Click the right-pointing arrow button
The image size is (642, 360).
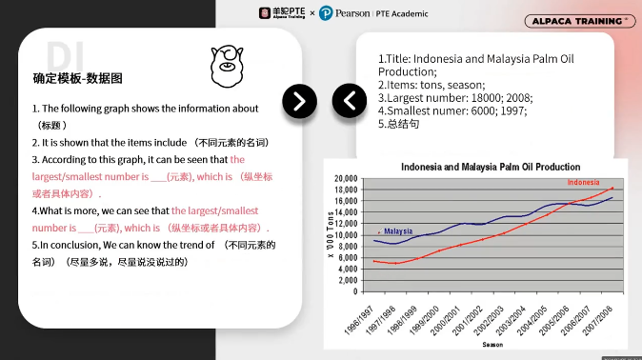click(300, 100)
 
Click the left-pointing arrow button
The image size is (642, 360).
click(349, 100)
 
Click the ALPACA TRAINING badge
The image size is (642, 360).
click(580, 20)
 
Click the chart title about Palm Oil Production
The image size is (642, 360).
click(492, 167)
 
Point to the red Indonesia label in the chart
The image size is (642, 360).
click(584, 182)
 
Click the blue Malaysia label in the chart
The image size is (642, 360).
click(398, 230)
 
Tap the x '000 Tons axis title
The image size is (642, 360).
click(331, 234)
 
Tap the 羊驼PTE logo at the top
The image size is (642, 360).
click(284, 13)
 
